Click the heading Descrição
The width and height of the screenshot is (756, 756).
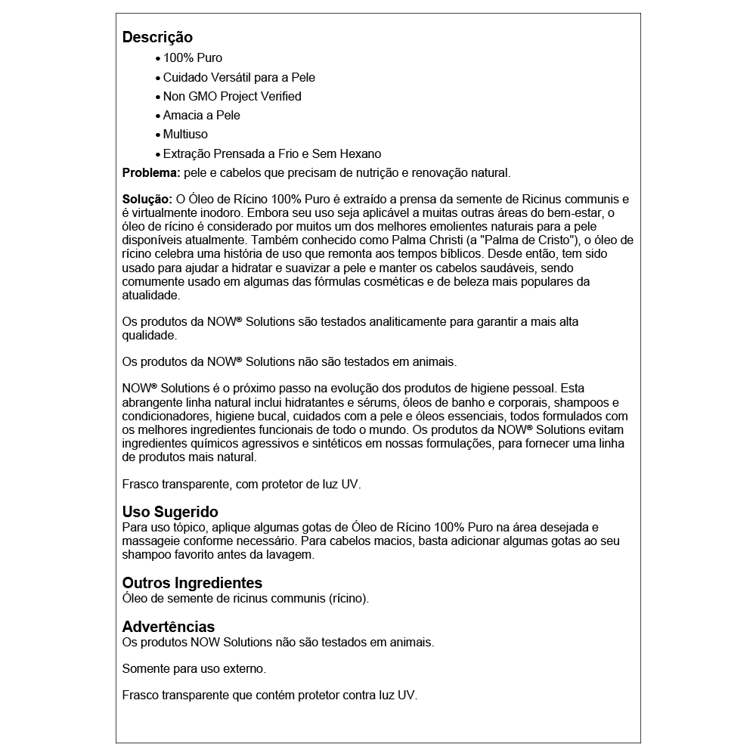[157, 37]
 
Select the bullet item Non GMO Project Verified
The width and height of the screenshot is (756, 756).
[232, 96]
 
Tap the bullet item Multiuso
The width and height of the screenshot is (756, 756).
[185, 134]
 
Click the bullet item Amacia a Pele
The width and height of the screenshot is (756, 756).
[201, 115]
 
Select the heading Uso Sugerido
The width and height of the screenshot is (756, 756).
[170, 512]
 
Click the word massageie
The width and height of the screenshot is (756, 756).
[148, 541]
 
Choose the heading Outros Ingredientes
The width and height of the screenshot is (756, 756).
[192, 583]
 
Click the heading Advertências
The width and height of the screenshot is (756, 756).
[168, 627]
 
